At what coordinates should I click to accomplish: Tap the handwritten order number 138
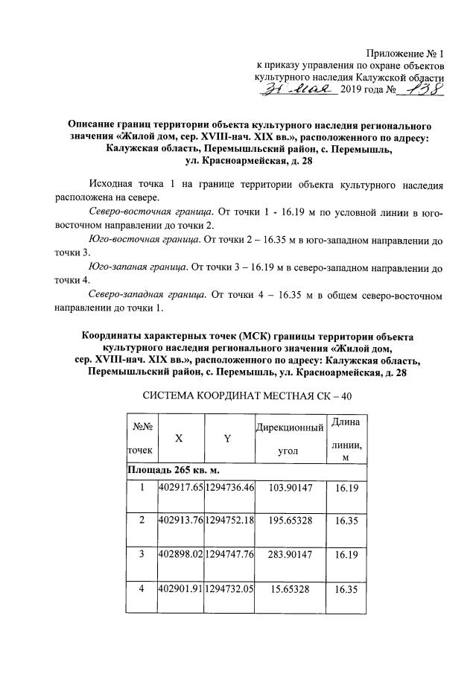tap(420, 89)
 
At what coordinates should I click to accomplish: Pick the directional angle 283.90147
tap(290, 554)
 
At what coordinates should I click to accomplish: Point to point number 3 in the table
tap(142, 554)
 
